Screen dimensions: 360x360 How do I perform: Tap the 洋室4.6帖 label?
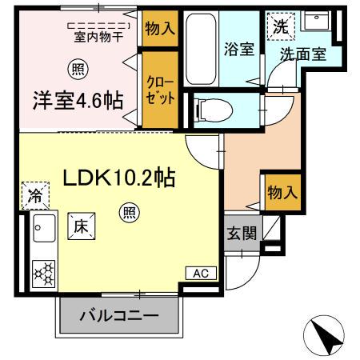pyautogui.click(x=78, y=102)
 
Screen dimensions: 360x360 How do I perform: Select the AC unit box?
pyautogui.click(x=200, y=273)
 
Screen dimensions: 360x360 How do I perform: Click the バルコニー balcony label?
pyautogui.click(x=118, y=318)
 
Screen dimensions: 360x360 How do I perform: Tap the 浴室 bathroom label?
pyautogui.click(x=240, y=49)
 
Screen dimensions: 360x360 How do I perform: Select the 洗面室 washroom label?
pyautogui.click(x=301, y=55)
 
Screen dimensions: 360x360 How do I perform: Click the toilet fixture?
pyautogui.click(x=216, y=107)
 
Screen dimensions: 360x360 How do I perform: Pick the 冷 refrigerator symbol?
pyautogui.click(x=36, y=194)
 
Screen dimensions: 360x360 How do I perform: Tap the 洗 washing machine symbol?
pyautogui.click(x=281, y=26)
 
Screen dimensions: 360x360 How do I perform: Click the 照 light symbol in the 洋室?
pyautogui.click(x=78, y=69)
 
